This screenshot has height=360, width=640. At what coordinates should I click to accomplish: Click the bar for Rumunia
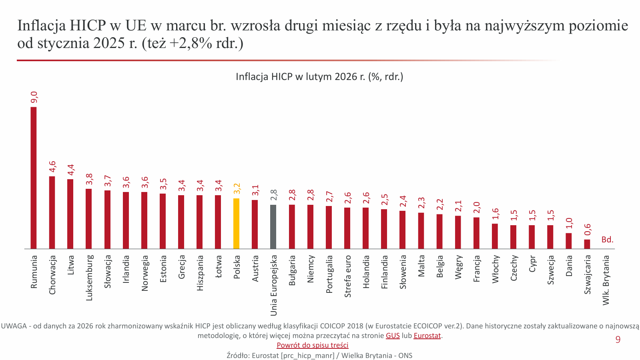point(34,178)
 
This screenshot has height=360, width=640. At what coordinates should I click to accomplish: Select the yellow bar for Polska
point(236,224)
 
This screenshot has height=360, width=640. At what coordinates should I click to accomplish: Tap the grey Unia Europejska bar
point(273,227)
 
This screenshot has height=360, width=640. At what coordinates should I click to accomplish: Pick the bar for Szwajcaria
point(587,244)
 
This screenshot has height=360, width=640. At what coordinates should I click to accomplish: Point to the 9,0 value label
point(34,97)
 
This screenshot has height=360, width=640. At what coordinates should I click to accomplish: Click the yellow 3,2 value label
point(237,188)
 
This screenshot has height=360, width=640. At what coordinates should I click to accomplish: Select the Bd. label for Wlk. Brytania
point(607,240)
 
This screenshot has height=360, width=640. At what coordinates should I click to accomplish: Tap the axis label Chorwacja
point(52,275)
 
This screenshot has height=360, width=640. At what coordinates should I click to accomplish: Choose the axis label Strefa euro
point(347,276)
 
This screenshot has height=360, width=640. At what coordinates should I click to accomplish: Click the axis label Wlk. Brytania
point(606,280)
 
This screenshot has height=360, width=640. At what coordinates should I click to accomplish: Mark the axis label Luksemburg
point(89,278)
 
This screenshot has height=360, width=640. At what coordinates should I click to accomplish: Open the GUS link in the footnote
point(393,336)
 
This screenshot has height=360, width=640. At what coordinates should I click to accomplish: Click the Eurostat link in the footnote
point(427,336)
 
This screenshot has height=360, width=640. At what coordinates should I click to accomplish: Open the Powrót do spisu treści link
point(312,345)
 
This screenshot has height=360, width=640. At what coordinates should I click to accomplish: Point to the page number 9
point(618,340)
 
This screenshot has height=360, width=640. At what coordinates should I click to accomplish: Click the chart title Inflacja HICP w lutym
point(319,76)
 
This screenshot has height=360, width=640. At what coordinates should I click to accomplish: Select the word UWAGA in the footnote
point(14,326)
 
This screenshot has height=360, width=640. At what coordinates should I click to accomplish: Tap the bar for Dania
point(568,241)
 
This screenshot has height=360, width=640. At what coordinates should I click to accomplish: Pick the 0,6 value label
point(587,230)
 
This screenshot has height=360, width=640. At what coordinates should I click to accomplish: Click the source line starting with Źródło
point(319,355)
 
